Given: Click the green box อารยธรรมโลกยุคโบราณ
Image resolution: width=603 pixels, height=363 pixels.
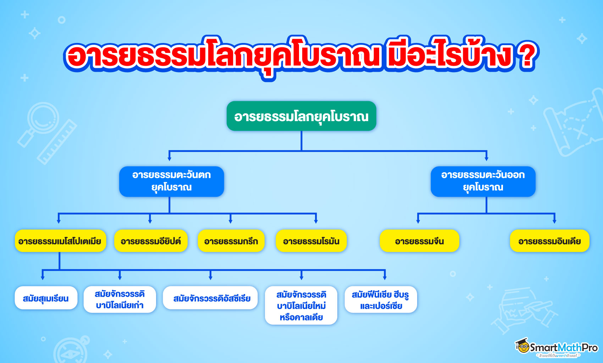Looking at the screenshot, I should (x=301, y=116).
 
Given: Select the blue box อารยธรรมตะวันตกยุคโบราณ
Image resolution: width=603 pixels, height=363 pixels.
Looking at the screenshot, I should (x=171, y=181).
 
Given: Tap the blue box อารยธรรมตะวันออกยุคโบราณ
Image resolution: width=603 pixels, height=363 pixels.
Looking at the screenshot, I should (x=483, y=181).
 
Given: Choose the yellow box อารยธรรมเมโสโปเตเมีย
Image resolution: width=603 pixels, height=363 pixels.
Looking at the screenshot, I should (x=60, y=241).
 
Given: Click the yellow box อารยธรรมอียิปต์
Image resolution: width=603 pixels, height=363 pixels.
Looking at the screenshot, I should (x=151, y=241).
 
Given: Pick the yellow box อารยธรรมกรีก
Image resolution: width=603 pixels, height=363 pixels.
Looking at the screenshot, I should (x=231, y=241).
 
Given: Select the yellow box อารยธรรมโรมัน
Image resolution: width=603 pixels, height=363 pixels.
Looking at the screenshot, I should (x=311, y=241).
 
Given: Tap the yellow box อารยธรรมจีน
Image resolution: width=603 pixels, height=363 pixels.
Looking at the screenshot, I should (x=419, y=241).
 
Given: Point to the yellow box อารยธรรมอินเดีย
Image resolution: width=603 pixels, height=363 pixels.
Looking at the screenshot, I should (x=549, y=241).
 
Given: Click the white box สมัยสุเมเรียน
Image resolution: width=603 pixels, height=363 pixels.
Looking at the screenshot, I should (x=46, y=298).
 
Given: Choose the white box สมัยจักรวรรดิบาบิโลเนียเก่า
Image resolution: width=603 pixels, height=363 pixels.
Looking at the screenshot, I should (x=120, y=299).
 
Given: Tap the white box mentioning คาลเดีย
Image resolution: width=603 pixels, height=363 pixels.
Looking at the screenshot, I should (x=301, y=305).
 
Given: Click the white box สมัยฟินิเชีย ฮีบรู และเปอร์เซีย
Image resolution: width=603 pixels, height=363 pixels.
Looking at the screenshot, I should (x=381, y=300).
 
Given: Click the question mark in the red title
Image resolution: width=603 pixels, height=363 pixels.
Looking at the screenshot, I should (x=526, y=56).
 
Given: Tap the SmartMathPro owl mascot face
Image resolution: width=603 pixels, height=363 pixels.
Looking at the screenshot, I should (x=523, y=346).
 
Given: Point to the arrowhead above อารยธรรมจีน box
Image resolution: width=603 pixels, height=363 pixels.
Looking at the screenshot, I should (x=418, y=221).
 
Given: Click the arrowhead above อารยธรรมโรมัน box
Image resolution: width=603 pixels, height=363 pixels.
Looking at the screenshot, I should (x=316, y=221).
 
